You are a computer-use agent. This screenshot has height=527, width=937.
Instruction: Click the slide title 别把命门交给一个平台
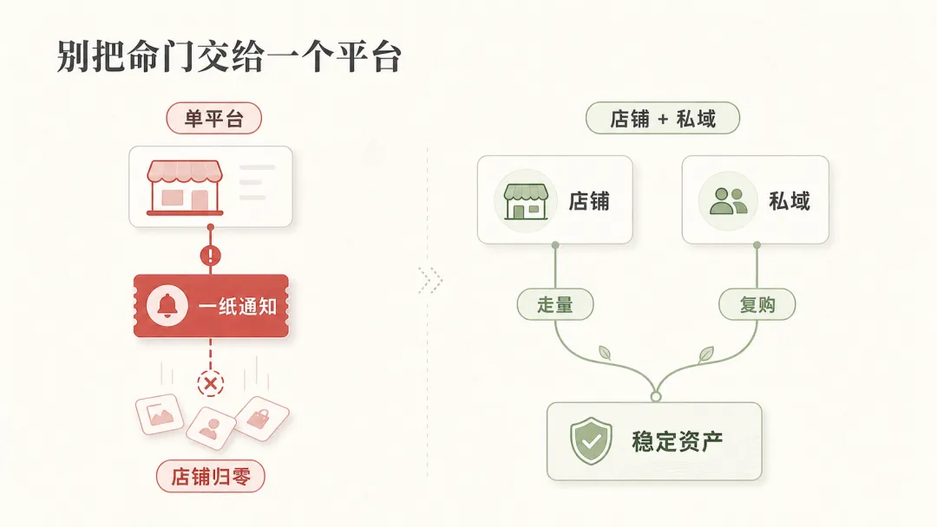(229, 56)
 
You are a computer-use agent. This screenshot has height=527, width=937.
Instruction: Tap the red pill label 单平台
(214, 118)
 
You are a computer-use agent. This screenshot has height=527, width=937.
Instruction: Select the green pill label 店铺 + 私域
(663, 118)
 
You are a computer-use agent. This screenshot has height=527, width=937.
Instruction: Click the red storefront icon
(185, 187)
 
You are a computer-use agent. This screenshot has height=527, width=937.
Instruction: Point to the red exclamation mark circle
(210, 256)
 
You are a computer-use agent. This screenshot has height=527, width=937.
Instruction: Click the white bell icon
(167, 306)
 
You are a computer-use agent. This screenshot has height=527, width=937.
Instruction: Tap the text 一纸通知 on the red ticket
(238, 306)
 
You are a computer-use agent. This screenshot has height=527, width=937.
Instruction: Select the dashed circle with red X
(210, 383)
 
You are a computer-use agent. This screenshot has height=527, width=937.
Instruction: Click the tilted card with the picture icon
(160, 413)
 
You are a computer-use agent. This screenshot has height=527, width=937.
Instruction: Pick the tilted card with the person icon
(210, 427)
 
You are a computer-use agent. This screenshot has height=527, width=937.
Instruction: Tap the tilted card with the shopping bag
(262, 419)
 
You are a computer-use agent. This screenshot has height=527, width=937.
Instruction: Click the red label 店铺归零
(210, 476)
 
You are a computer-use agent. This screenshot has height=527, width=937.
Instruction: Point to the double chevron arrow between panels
(430, 280)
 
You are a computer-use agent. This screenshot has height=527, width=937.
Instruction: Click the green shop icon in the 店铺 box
(526, 201)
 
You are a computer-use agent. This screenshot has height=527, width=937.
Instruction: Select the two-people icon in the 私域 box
(729, 201)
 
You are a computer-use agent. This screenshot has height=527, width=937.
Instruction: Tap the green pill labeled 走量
(555, 304)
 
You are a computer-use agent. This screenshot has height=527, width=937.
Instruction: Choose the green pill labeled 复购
(757, 304)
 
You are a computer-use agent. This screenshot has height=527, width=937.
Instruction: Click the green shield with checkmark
(591, 441)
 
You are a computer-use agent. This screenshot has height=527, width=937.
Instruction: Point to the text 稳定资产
(677, 442)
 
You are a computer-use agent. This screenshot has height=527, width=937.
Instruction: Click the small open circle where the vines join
(656, 397)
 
